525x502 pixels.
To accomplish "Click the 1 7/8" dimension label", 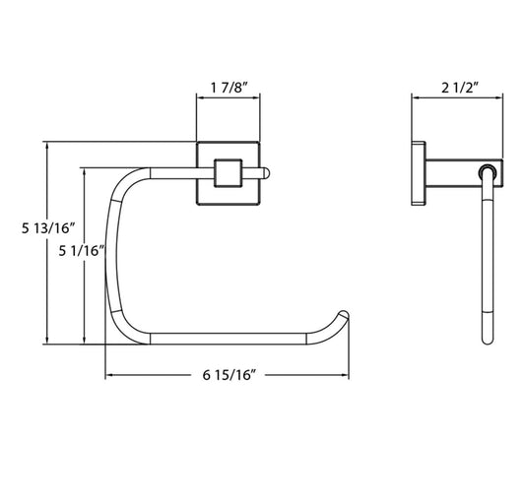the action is (x=229, y=88).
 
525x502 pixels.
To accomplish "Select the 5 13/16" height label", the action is (x=48, y=228).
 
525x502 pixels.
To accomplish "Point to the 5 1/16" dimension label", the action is (x=82, y=250).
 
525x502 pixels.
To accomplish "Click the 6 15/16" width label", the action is (x=230, y=375).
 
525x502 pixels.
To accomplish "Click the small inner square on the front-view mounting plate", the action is (x=228, y=173).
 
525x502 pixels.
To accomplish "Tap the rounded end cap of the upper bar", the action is (x=267, y=173).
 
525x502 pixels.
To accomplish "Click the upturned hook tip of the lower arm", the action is (x=344, y=315).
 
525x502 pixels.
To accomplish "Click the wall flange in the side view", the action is (x=419, y=173).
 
